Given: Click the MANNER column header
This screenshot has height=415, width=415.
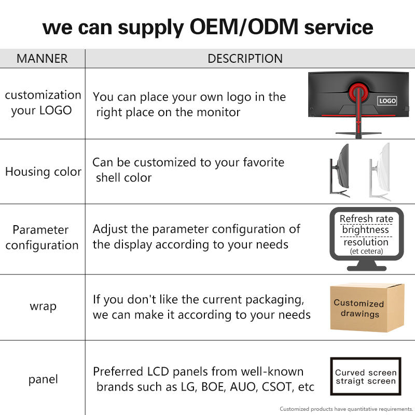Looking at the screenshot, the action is pos(42,59).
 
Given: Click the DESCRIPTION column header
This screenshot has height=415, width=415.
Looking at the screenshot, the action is pos(245,59).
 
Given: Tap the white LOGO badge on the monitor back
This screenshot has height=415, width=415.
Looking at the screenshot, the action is pos(387,101).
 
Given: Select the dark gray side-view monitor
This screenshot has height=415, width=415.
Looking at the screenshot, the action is pos(340,170).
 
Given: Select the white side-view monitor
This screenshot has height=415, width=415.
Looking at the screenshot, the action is pos(380,172).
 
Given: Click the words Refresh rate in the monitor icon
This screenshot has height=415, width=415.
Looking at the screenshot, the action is pos(366,219).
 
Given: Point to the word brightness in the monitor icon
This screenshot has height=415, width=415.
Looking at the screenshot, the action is pos(366,230).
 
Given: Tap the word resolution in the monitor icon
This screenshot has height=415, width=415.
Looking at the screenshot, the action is pos(366,242).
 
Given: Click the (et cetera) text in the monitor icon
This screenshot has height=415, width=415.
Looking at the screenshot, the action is pos(366,251).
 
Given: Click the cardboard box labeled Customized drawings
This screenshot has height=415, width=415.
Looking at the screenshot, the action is pos(367,308).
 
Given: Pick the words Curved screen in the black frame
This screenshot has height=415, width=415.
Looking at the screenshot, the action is pos(366,372).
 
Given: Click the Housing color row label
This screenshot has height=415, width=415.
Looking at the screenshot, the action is pos(43,172).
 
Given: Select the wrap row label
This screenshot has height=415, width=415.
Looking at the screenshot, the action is pos(43,307).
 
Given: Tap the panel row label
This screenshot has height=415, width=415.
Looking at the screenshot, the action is pos(43,380).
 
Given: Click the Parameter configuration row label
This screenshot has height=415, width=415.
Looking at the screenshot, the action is pos(42,238).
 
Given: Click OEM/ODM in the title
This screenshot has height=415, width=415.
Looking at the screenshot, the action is pos(244,27).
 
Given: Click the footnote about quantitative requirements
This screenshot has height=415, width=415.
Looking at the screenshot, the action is pos(346,409).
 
